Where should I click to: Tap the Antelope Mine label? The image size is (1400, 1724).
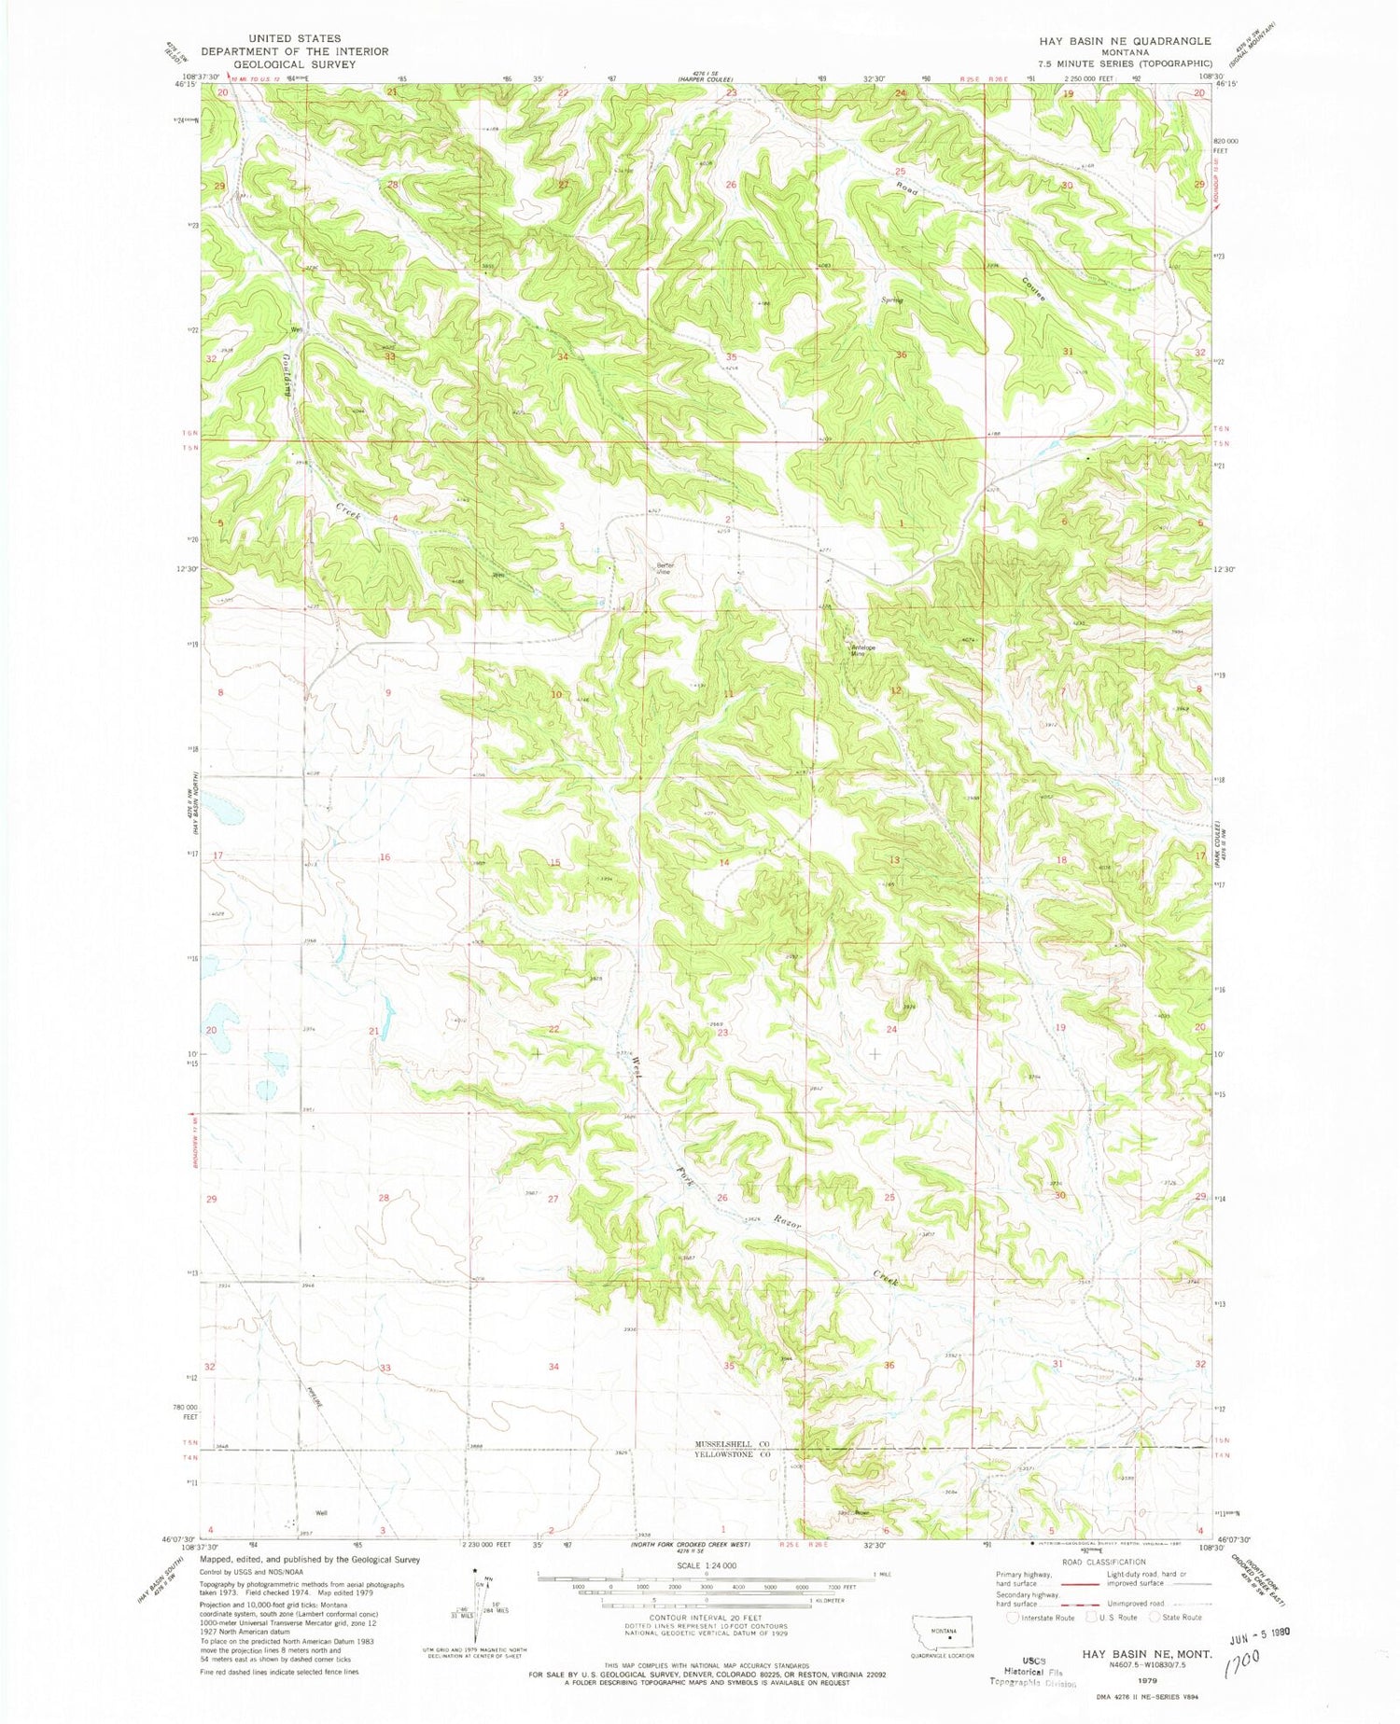[860, 651]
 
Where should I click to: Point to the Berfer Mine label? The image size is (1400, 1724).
[664, 568]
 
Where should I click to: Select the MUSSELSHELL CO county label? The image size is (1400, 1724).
[732, 1443]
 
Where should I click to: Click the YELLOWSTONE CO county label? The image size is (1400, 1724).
[732, 1454]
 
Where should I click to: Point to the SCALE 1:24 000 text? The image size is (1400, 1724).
[707, 1565]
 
